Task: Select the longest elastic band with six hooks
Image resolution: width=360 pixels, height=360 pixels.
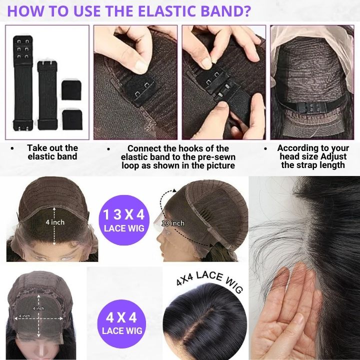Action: coord(23,83)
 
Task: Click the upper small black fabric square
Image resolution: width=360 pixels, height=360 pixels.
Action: coord(71,90)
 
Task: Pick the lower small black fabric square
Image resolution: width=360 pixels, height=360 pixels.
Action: coord(72,119)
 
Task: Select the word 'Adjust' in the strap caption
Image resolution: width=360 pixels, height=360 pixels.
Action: coord(333,157)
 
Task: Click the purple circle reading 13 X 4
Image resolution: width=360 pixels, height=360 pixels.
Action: coord(124,220)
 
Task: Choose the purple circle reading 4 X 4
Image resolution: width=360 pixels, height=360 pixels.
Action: coord(121,323)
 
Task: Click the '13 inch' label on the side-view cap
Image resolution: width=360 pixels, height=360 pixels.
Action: coord(173,223)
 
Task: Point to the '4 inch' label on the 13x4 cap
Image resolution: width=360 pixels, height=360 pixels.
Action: coord(55,222)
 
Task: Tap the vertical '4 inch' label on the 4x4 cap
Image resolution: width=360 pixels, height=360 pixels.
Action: coord(38,308)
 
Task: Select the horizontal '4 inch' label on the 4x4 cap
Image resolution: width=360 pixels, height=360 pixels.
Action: coord(24,316)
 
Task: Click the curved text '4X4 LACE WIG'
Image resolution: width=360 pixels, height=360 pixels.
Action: coord(209,280)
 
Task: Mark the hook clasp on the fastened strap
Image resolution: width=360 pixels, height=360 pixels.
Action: coord(311,107)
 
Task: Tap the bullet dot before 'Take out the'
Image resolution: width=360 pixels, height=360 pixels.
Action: coord(12,148)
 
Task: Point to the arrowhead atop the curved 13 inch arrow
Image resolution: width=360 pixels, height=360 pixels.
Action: coord(174,190)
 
